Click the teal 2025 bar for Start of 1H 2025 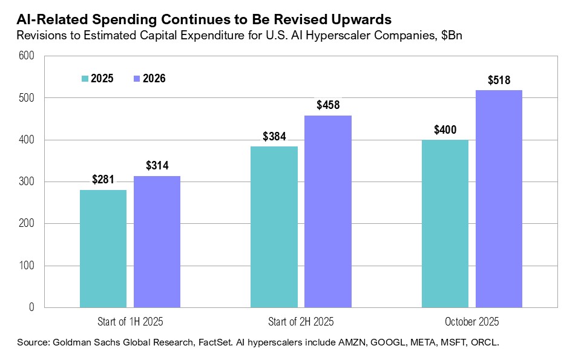(103, 249)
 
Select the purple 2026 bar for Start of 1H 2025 (157, 241)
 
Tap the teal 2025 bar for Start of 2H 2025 (274, 227)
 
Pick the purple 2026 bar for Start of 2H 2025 (328, 211)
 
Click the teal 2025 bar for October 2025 (445, 223)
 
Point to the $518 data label (499, 80)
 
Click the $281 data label (103, 180)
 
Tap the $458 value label (328, 105)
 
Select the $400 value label (445, 129)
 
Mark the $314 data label (157, 166)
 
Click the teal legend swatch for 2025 (85, 79)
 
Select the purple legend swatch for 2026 (137, 79)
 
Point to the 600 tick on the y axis (27, 56)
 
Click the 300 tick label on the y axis (27, 182)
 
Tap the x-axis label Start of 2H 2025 (301, 321)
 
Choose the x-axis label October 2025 (472, 321)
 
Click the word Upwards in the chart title (356, 19)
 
